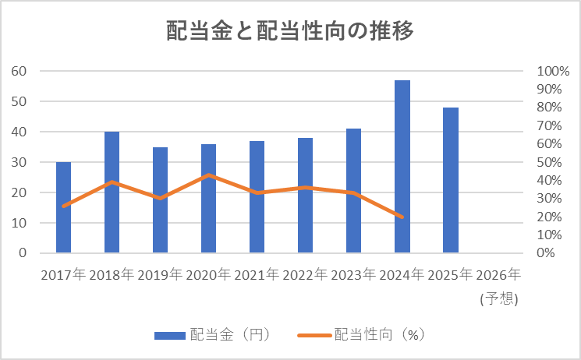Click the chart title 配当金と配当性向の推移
point(290,30)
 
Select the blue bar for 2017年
point(63,207)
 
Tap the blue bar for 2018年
point(112,192)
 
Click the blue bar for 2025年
point(450,180)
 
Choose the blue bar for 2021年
point(257,197)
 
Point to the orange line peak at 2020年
point(208,175)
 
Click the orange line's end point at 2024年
point(402,217)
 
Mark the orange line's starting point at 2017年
point(63,206)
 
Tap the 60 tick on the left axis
point(19,71)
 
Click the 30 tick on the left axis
point(19,162)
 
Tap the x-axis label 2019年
point(160,275)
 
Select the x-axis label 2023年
point(353,275)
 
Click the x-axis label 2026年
point(498,275)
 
